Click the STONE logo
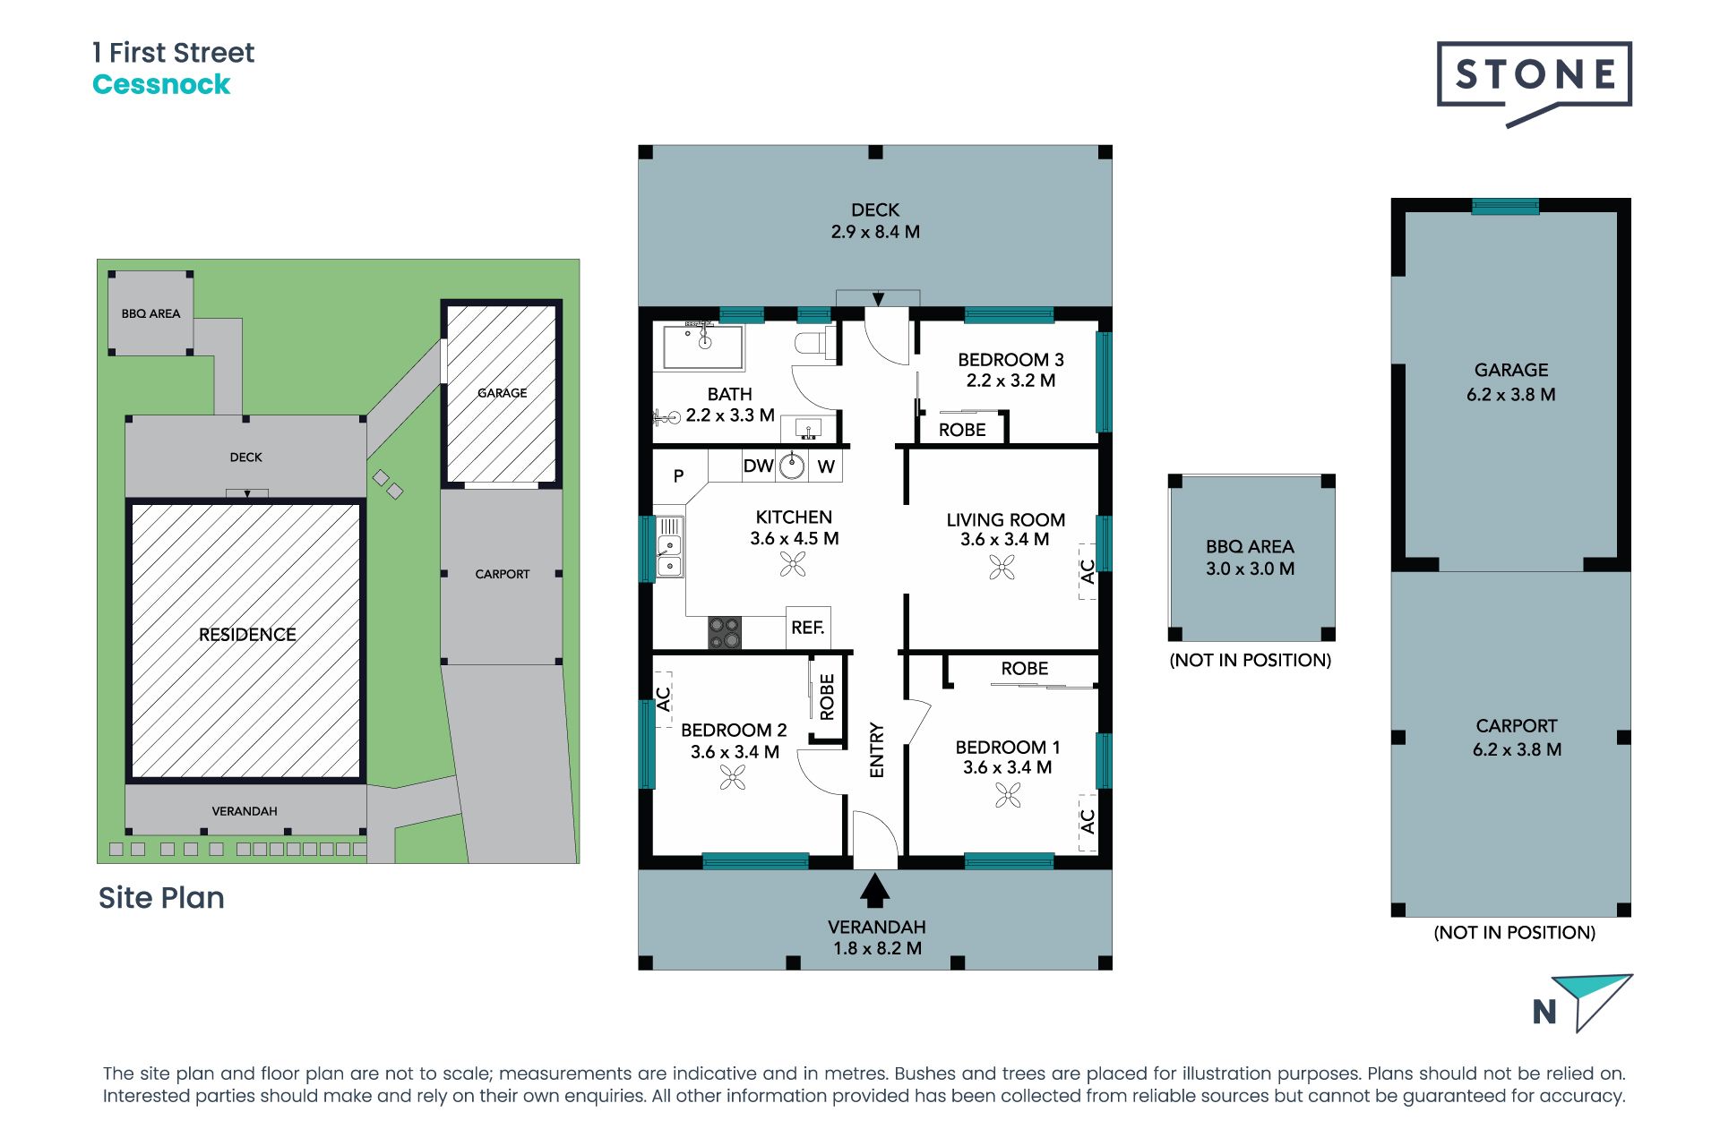pos(1534,81)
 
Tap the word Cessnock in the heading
pos(161,84)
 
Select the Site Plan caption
pos(161,897)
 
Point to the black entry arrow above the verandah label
pos(874,891)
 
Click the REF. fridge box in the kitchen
pos(808,628)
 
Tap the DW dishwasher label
pos(758,466)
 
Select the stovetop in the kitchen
pos(725,632)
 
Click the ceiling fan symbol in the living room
pos(1002,567)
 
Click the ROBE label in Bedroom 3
pos(962,430)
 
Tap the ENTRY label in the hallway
pos(877,750)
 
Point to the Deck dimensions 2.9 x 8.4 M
pos(875,232)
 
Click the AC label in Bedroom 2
pos(664,698)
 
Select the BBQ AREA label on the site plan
pos(150,313)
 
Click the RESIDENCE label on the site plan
pos(247,635)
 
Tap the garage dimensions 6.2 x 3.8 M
pos(1510,395)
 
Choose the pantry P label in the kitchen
pos(678,476)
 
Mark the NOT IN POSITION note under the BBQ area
pos(1251,661)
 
